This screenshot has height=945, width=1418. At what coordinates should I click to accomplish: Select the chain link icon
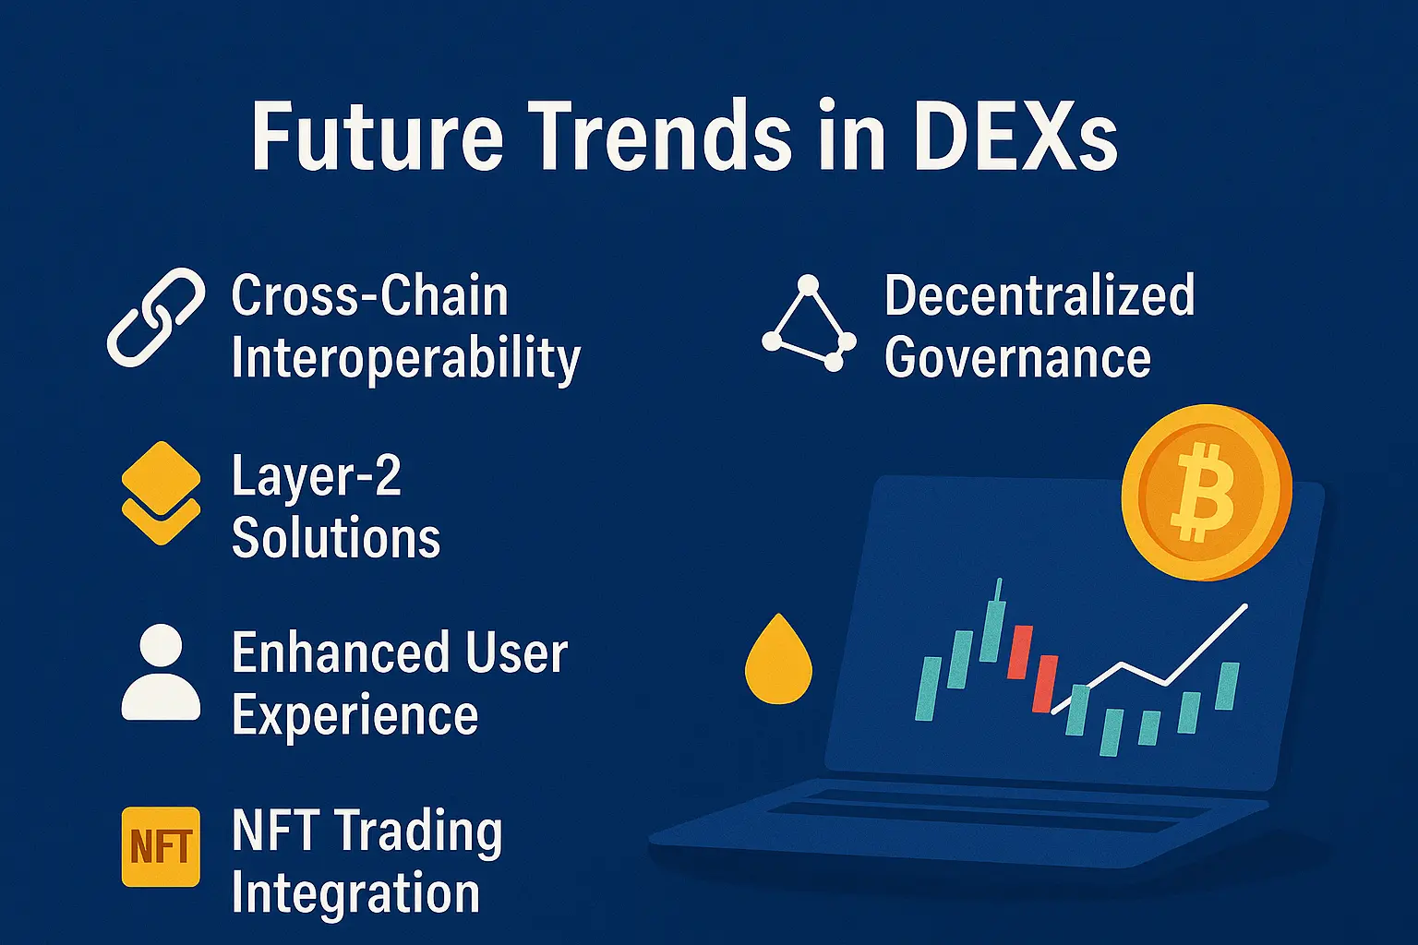coord(156,317)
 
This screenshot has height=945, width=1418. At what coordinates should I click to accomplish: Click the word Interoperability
coord(406,358)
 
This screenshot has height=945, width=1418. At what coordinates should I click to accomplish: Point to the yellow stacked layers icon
coord(161,493)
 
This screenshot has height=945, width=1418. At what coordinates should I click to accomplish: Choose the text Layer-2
coord(317,476)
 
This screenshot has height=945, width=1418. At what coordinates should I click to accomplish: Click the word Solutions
coord(336,537)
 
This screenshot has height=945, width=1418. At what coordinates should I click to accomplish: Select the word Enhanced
coord(340,652)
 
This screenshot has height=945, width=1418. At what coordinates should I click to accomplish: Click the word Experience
coord(355,714)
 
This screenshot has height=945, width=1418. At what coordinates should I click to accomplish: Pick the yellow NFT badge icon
coord(161,846)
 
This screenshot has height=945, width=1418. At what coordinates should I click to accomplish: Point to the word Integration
coord(355,892)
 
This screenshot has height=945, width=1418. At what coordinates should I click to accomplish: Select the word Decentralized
coord(1039,295)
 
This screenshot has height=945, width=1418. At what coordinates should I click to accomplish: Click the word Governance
coord(1017,357)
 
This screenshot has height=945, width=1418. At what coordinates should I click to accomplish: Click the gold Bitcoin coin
coord(1206,493)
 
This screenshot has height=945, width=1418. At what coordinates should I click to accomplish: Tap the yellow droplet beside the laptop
coord(778,659)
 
